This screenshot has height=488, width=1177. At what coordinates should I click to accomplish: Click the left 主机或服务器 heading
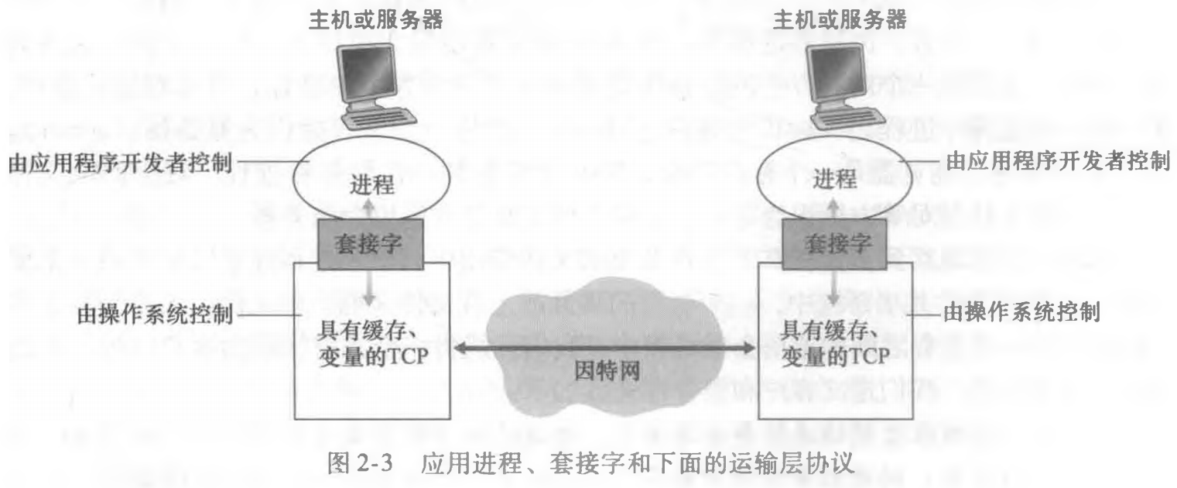pos(375,20)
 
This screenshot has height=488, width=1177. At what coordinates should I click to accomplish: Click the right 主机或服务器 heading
pos(840,20)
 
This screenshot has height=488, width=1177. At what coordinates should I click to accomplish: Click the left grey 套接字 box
pos(370,244)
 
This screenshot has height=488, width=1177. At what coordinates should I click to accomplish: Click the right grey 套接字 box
pos(834,244)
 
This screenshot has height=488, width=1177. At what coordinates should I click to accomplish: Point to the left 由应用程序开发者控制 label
pos(120,163)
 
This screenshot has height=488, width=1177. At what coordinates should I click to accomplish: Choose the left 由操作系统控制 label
pos(155,314)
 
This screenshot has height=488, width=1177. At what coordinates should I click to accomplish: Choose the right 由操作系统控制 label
pos(1022,312)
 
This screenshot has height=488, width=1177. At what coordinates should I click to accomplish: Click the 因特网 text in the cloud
pos(607,371)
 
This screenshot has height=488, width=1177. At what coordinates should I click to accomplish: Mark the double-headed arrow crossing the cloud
pos(604,347)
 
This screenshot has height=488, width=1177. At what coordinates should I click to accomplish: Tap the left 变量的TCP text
pos(373,356)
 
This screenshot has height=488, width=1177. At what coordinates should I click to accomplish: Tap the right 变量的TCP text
pos(836,356)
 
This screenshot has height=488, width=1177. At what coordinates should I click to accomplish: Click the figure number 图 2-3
pos(360,463)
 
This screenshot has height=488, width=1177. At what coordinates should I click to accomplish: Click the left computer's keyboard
pos(379,119)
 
